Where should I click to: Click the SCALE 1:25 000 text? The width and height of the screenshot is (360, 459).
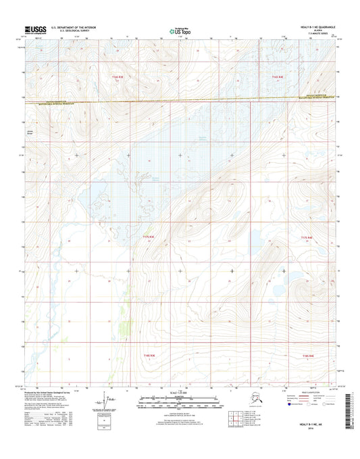(x=179, y=392)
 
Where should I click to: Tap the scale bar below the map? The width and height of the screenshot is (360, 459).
(x=179, y=399)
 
